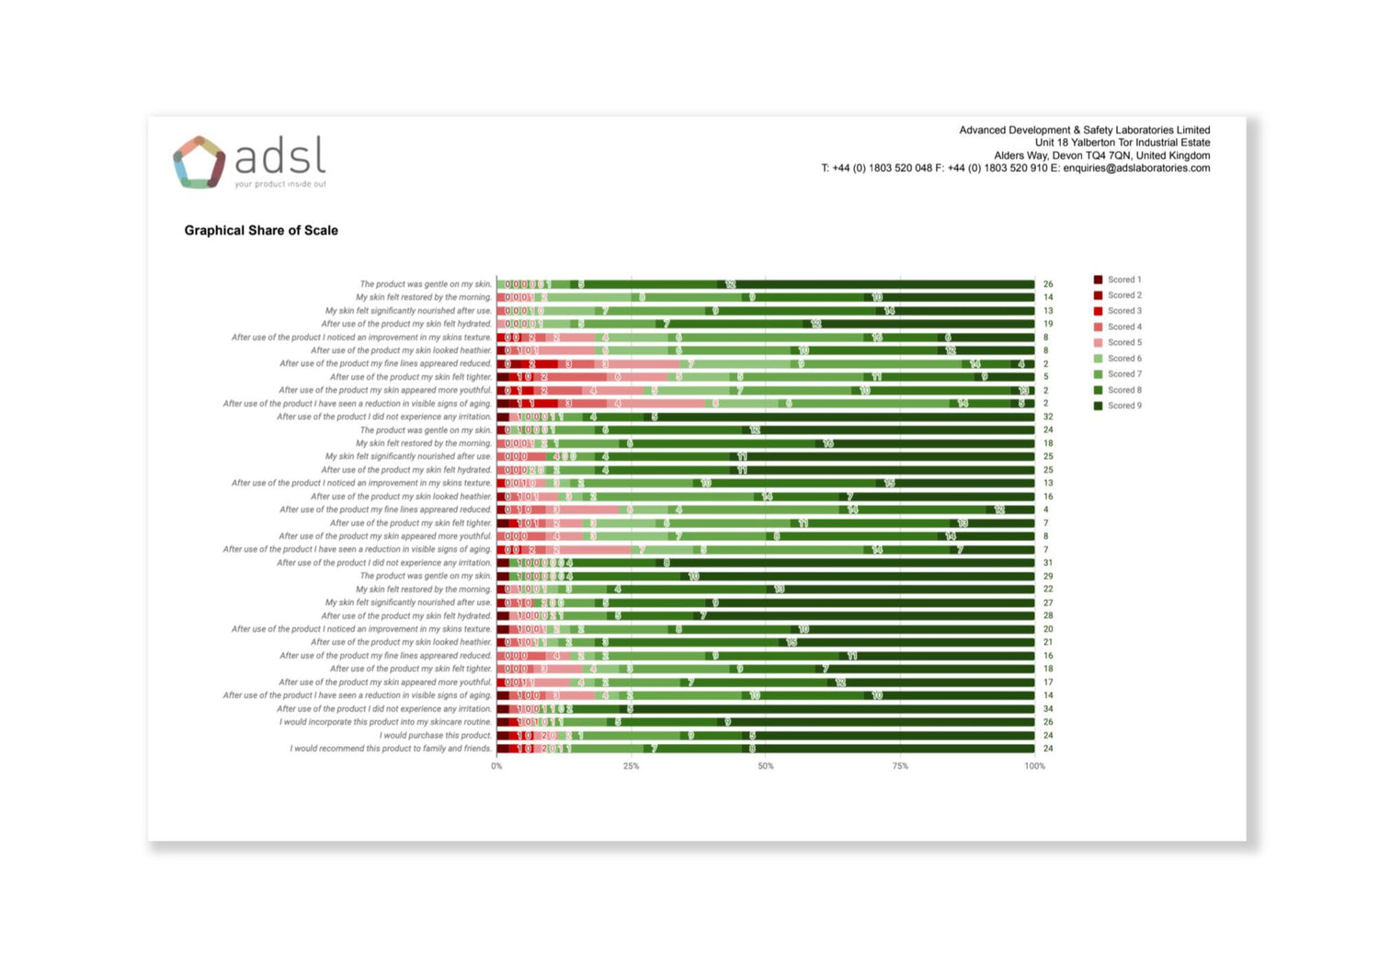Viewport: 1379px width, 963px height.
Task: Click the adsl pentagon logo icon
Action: (199, 162)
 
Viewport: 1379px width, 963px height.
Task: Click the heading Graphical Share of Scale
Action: (261, 231)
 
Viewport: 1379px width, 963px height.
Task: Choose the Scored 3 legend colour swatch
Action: (1098, 311)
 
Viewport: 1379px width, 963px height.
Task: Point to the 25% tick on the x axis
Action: (631, 766)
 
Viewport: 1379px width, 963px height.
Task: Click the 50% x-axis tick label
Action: (766, 766)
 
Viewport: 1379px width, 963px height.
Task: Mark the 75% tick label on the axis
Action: (900, 766)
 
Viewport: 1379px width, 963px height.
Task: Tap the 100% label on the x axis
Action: (1034, 766)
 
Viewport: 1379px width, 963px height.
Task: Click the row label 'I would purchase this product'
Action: (436, 736)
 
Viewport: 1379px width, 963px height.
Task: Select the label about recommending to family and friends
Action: (391, 749)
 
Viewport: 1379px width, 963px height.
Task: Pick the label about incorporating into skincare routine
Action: (385, 722)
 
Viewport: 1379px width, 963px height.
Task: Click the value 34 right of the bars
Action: (1048, 709)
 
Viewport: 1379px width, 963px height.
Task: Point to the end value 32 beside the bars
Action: (1048, 417)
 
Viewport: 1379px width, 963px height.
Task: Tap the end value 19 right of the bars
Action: (1048, 324)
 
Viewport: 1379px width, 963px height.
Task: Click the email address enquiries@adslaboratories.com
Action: (1136, 168)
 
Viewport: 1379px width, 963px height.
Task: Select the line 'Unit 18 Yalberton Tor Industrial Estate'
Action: (1122, 143)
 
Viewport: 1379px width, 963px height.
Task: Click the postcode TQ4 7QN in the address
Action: (1104, 155)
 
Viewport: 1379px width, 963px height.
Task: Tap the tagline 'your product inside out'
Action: (280, 184)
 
